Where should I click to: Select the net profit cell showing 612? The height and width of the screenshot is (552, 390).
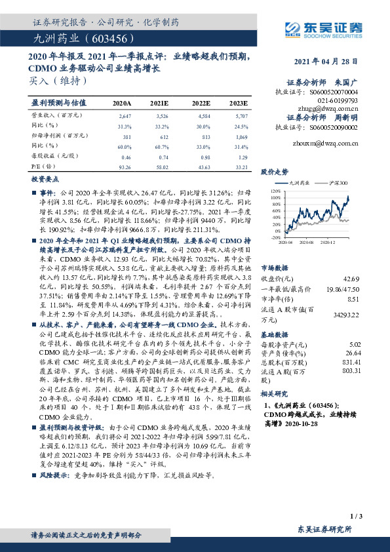pos(163,137)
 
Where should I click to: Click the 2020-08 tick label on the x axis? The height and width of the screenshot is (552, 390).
pos(309,243)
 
